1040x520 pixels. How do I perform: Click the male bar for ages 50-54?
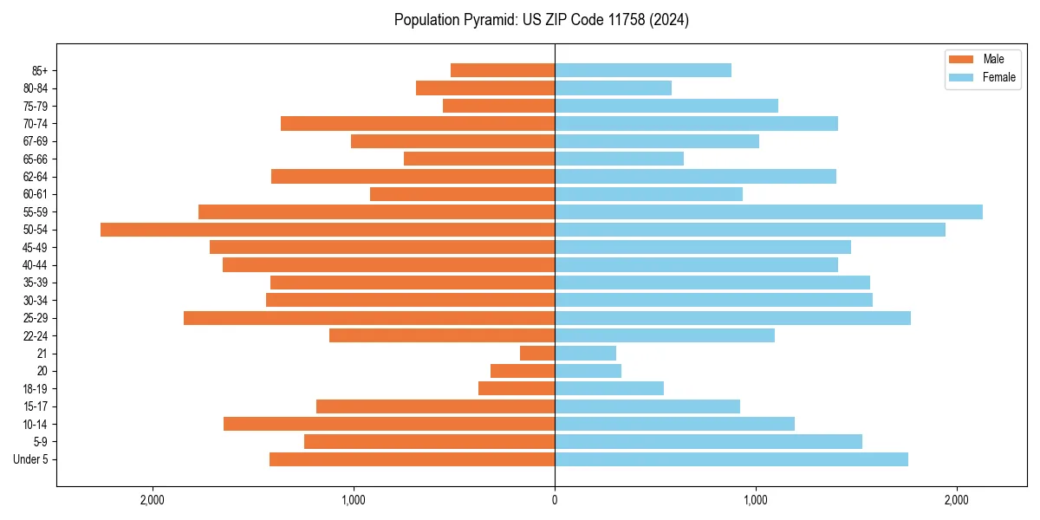pyautogui.click(x=328, y=230)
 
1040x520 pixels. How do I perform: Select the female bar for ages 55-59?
pyautogui.click(x=769, y=211)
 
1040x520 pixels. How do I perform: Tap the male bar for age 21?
pyautogui.click(x=537, y=353)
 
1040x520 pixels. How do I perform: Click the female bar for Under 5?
pyautogui.click(x=731, y=459)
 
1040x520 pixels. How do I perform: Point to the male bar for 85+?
pyautogui.click(x=503, y=70)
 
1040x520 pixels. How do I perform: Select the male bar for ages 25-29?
pyautogui.click(x=369, y=318)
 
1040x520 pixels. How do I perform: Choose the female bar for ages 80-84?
pyautogui.click(x=613, y=88)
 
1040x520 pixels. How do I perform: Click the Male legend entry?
pyautogui.click(x=993, y=59)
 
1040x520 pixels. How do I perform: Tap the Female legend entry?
pyautogui.click(x=998, y=77)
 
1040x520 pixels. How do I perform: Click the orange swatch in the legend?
pyautogui.click(x=962, y=59)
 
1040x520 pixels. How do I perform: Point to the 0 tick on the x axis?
pyautogui.click(x=555, y=499)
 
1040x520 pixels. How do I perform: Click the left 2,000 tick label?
pyautogui.click(x=153, y=499)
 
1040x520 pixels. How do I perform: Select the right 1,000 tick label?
pyautogui.click(x=756, y=499)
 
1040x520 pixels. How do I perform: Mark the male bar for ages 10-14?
pyautogui.click(x=389, y=424)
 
